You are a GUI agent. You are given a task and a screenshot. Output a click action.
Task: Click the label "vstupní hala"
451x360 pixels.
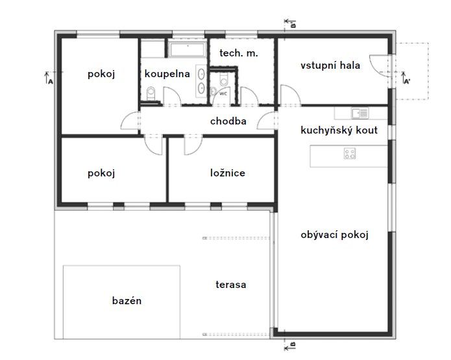coord(330,66)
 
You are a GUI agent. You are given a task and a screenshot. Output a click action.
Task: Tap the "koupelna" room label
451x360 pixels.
coord(167,74)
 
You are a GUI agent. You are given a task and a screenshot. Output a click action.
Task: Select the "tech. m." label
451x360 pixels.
coord(239,53)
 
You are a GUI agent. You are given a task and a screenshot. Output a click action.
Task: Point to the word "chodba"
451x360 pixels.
coord(228,121)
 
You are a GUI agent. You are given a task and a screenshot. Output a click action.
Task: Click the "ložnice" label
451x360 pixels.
coord(228,173)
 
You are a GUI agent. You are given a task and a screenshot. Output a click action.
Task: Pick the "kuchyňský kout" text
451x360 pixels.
coord(339,130)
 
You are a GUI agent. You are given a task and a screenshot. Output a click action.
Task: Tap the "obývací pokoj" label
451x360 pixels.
coord(334,235)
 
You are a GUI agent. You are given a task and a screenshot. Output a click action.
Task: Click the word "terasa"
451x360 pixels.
coord(230,285)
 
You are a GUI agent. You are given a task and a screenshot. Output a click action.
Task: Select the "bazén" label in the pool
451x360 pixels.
coord(127,301)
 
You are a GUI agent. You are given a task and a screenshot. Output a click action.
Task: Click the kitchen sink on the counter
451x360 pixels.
coord(360,113)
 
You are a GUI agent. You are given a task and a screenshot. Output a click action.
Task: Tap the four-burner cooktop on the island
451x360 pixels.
coord(350,154)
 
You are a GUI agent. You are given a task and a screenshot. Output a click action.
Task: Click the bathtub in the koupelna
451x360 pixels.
coord(188,49)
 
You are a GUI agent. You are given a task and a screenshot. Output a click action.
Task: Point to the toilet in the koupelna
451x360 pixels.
coord(151,94)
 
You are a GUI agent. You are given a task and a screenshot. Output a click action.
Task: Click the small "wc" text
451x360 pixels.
coord(223,93)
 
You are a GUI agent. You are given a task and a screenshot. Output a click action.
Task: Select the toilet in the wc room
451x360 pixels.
coord(223,79)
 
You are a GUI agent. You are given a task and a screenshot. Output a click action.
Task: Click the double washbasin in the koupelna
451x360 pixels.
coord(201,81)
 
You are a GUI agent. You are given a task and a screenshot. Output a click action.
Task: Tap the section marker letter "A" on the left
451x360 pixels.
coord(51,82)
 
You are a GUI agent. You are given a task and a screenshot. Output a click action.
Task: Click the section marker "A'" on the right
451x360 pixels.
coord(407,81)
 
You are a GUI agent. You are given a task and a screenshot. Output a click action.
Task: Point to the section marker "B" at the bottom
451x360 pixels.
coord(293,344)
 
